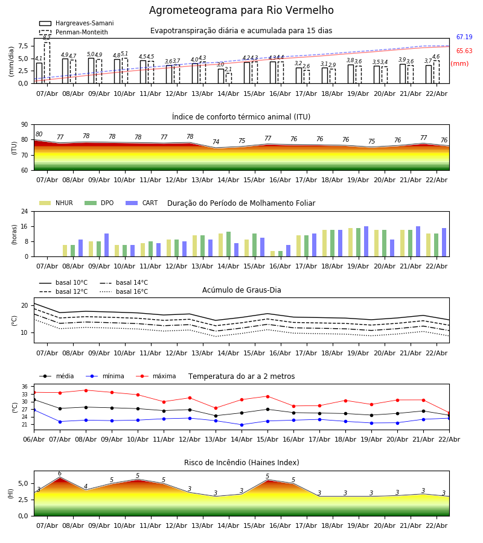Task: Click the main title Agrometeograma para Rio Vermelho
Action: coord(241,11)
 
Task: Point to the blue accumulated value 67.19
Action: coord(464,37)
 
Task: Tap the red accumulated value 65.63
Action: coord(464,51)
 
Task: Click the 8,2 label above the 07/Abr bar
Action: coord(46,38)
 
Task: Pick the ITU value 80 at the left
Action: coord(39,135)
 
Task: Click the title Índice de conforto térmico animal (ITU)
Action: coord(241,117)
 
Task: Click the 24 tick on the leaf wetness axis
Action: coord(27,212)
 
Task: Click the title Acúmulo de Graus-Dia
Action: coord(241,290)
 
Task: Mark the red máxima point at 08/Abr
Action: coord(86,390)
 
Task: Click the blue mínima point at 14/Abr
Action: coord(241,425)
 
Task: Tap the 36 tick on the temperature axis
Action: coord(24,387)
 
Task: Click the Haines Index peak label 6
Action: coord(60,474)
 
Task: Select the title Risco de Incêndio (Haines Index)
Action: coord(241,463)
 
